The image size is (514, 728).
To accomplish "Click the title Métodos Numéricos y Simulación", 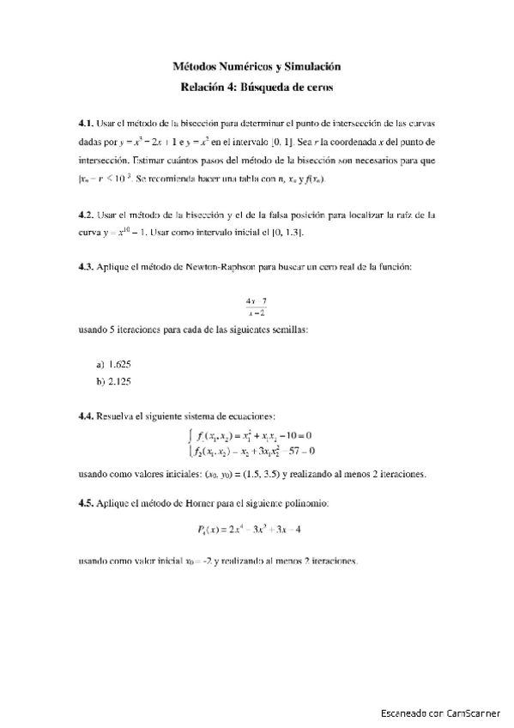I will [x=257, y=66].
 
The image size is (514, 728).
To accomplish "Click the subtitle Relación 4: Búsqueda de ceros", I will [x=257, y=86].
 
